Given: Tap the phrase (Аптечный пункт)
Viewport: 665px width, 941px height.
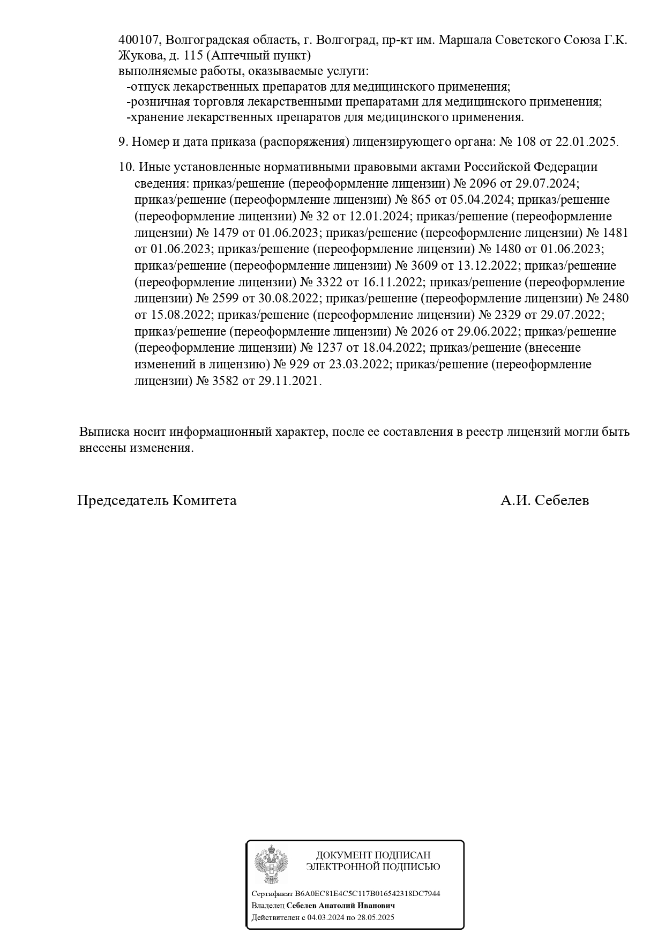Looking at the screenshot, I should pyautogui.click(x=258, y=56).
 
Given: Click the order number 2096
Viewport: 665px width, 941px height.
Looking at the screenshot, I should pyautogui.click(x=483, y=183).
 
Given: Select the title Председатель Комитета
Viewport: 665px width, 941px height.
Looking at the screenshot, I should pyautogui.click(x=157, y=501).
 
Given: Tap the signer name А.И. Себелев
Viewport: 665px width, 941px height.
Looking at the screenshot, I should pyautogui.click(x=544, y=501).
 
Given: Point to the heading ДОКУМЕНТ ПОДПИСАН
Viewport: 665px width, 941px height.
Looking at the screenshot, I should pyautogui.click(x=373, y=855).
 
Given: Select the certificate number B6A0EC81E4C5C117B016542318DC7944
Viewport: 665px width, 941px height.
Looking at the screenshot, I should pyautogui.click(x=368, y=894).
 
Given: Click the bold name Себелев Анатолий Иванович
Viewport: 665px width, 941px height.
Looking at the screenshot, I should pyautogui.click(x=341, y=906).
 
